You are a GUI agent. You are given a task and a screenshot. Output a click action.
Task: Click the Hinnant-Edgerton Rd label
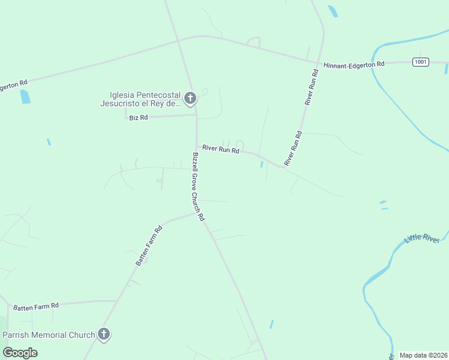coord(354,64)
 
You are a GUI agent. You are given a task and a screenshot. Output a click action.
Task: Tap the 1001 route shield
coord(421,61)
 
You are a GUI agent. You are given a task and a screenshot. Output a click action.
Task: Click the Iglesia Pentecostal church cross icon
coord(190,98)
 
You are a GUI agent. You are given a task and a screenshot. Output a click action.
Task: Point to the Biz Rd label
coord(138,118)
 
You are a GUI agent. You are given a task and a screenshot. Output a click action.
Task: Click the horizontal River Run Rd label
coord(220,149)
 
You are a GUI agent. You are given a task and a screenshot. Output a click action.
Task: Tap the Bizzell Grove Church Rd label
coord(199,186)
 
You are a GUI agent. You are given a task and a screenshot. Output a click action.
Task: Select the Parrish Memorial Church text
coord(49,335)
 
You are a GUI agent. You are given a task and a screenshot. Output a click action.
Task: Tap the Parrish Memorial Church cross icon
coord(104,334)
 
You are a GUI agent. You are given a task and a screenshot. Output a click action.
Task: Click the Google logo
coord(20,353)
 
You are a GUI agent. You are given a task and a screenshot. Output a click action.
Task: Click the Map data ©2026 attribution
coord(423,355)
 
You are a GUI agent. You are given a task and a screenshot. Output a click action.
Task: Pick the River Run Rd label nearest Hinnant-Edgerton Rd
coord(311,88)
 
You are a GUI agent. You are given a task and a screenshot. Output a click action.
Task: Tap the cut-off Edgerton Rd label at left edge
coord(13,85)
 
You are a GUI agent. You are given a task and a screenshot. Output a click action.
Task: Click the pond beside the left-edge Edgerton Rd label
coord(25,97)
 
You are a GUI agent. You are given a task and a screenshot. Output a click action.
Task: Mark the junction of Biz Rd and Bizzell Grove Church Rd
coord(196,115)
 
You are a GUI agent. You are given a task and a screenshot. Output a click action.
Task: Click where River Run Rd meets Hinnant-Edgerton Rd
coord(319,61)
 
